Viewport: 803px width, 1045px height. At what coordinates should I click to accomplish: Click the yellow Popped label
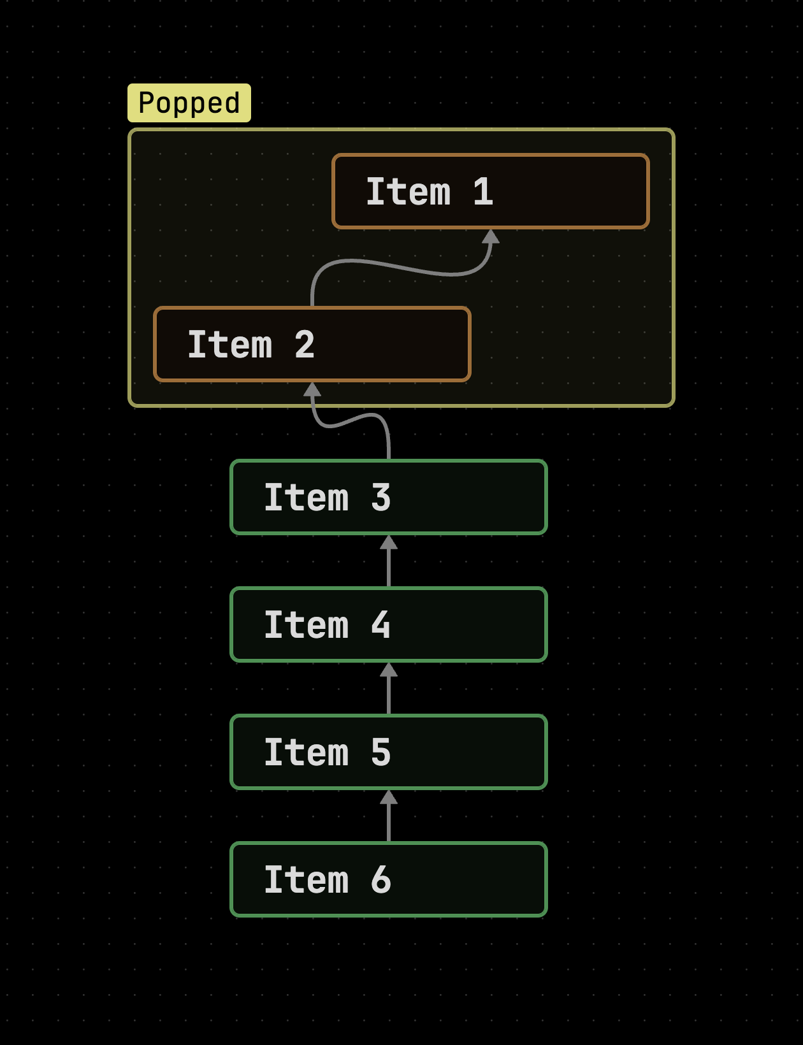click(x=189, y=103)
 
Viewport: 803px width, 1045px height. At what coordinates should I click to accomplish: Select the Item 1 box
click(x=491, y=191)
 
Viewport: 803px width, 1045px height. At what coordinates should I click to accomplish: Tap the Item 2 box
click(x=312, y=344)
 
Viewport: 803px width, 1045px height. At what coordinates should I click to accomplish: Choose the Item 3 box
click(x=389, y=497)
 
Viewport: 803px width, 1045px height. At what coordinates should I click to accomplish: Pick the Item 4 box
click(x=389, y=624)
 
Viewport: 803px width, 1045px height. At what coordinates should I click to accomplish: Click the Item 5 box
click(x=389, y=752)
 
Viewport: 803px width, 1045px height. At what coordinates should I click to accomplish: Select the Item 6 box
click(x=389, y=879)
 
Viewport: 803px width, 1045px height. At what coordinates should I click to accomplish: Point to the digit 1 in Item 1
click(x=483, y=192)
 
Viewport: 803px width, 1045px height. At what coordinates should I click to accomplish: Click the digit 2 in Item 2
click(x=305, y=345)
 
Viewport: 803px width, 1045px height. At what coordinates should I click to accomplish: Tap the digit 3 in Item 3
click(x=381, y=497)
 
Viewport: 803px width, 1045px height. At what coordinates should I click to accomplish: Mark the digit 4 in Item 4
click(x=381, y=625)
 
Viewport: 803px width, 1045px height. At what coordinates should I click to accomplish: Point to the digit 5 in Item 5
click(x=381, y=753)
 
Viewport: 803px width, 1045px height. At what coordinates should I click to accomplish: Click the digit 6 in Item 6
click(x=381, y=880)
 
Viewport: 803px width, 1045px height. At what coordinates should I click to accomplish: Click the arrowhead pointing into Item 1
click(x=491, y=236)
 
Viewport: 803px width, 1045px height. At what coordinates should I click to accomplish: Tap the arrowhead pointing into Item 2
click(x=312, y=389)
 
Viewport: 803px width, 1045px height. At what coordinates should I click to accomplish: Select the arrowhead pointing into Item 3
click(x=389, y=542)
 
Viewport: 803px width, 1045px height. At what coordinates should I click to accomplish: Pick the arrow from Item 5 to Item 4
click(x=389, y=688)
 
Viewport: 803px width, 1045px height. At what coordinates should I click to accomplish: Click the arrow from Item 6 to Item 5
click(x=389, y=816)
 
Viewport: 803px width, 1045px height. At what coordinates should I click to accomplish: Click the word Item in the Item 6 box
click(x=307, y=880)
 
